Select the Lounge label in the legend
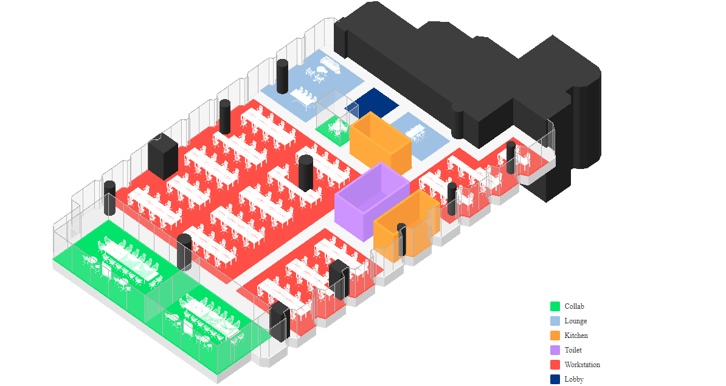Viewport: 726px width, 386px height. pyautogui.click(x=575, y=321)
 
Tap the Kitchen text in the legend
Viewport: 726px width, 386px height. pyautogui.click(x=576, y=336)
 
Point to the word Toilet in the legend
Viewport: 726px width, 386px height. pyautogui.click(x=573, y=350)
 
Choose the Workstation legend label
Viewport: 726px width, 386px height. pyautogui.click(x=582, y=365)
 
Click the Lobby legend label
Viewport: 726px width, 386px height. pyautogui.click(x=573, y=379)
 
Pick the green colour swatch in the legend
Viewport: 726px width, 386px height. pyautogui.click(x=555, y=306)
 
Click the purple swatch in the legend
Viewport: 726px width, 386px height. pyautogui.click(x=555, y=350)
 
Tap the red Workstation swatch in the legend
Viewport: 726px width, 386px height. pyautogui.click(x=555, y=365)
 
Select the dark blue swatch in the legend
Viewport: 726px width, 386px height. pyautogui.click(x=555, y=379)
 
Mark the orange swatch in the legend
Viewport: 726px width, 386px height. pyautogui.click(x=555, y=336)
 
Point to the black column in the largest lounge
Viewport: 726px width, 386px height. pyautogui.click(x=282, y=76)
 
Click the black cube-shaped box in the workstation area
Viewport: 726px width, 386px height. pyautogui.click(x=162, y=156)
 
